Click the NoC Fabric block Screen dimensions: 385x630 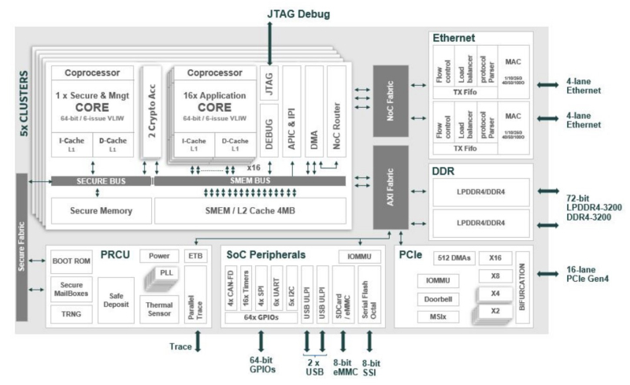click(x=391, y=99)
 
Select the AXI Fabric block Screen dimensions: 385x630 click(x=391, y=187)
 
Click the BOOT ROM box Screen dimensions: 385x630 click(x=72, y=261)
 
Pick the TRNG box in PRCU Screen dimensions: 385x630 click(x=72, y=313)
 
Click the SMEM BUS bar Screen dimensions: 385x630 click(x=249, y=181)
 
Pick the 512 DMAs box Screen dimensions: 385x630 click(x=453, y=257)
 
